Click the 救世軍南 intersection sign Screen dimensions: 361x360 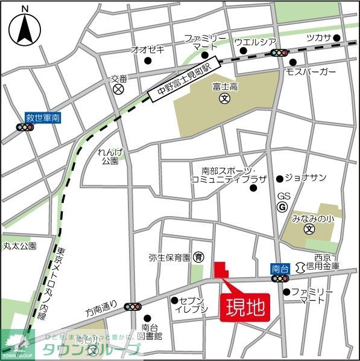pos(42,118)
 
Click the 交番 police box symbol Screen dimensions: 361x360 pos(118,89)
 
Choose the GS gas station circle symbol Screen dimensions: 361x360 pos(282,207)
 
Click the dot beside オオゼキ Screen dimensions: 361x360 pos(148,61)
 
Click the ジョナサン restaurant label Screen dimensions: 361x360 pos(306,177)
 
